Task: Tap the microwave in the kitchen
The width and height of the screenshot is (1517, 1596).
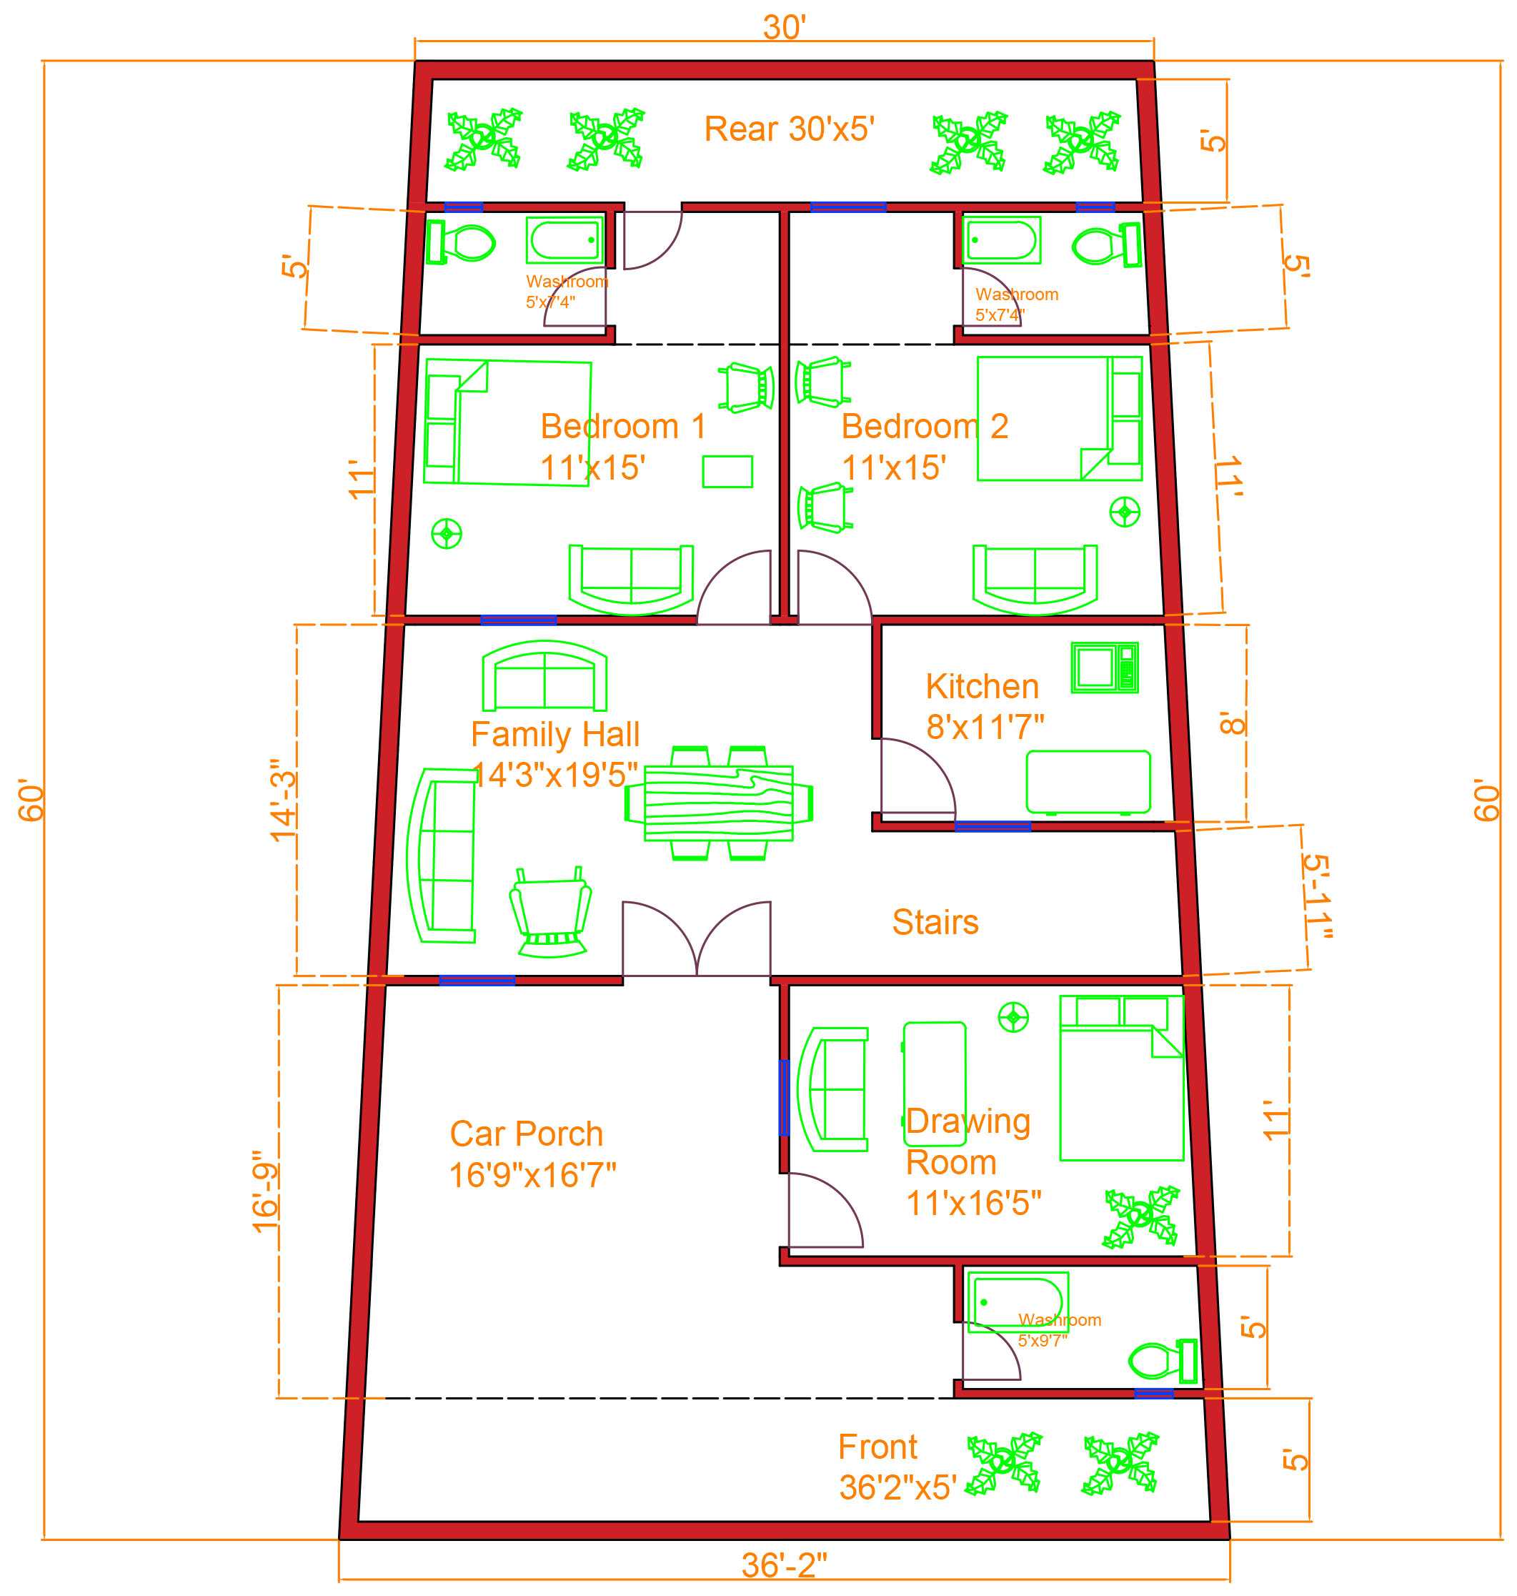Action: (1105, 668)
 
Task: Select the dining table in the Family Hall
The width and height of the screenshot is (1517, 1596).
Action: (718, 803)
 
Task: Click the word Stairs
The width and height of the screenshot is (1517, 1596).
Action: (935, 922)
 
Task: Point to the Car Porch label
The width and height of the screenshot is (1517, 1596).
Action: (532, 1154)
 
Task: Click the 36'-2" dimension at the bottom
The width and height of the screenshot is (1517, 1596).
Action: (784, 1565)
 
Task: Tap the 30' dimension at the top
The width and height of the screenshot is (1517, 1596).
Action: (784, 27)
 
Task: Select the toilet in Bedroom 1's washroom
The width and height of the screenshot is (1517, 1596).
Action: (461, 242)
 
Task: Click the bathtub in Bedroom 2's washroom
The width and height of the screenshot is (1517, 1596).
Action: (1001, 239)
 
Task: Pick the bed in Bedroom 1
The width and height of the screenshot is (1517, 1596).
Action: (507, 422)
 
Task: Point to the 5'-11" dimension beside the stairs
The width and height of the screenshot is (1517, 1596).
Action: (1316, 896)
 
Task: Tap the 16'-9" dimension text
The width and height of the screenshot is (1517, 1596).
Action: (265, 1191)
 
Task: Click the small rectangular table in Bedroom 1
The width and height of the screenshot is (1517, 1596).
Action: (727, 472)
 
